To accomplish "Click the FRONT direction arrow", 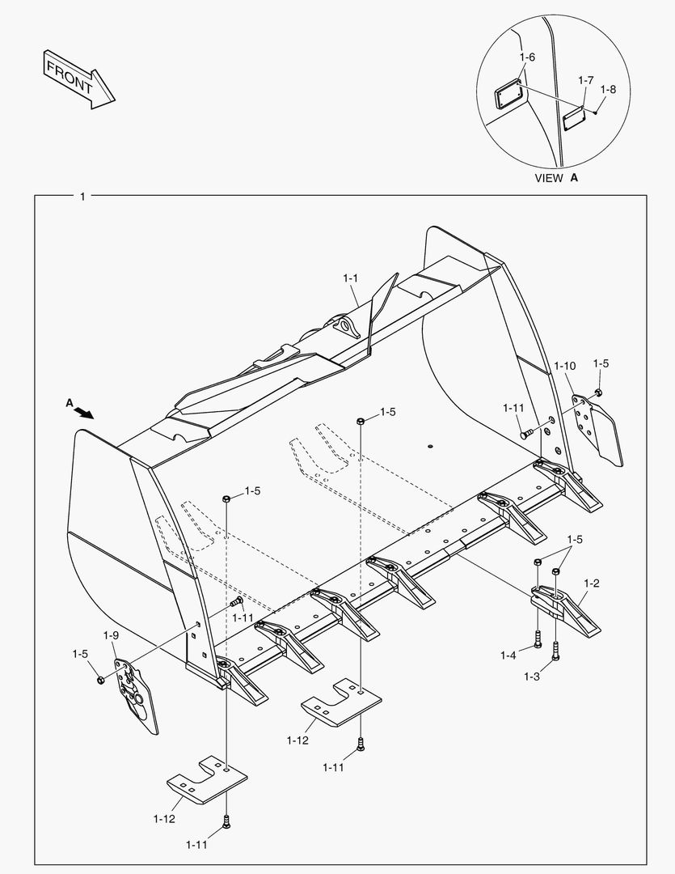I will click(78, 78).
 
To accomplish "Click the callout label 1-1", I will click(350, 278).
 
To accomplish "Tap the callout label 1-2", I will click(591, 583).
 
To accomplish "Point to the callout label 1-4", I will click(508, 655).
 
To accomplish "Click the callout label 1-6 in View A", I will click(527, 57).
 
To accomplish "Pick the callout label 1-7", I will click(586, 80).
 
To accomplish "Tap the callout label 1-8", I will click(608, 90).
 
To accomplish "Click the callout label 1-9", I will click(111, 635).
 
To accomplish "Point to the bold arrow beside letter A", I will click(83, 412).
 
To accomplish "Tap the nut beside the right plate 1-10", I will click(598, 392).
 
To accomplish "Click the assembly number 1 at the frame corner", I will click(82, 197).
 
